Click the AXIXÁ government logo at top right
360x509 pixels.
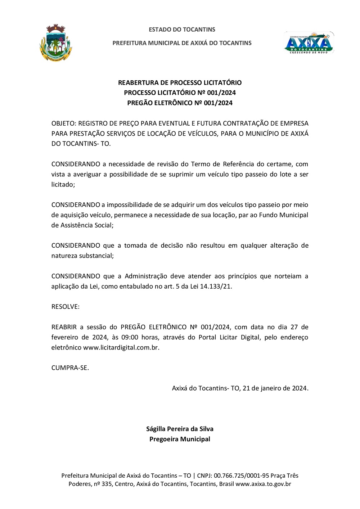[309, 43]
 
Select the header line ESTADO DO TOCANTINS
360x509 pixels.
[182, 30]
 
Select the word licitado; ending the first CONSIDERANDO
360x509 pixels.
[63, 184]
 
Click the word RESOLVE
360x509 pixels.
[65, 307]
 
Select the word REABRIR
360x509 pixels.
[64, 327]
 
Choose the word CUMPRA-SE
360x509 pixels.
[70, 368]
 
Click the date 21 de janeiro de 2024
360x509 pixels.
[275, 388]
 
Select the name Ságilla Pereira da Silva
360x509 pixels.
[180, 429]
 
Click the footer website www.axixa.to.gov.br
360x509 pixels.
[263, 484]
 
